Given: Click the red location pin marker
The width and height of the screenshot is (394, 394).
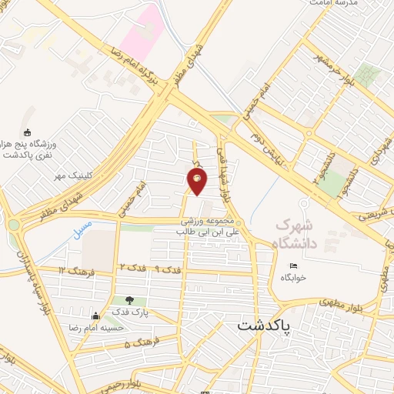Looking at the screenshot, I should pyautogui.click(x=198, y=181).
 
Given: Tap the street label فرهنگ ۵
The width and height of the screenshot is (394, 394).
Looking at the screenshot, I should pyautogui.click(x=139, y=342).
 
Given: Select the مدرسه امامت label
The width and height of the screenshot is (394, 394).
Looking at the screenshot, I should pyautogui.click(x=336, y=4).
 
